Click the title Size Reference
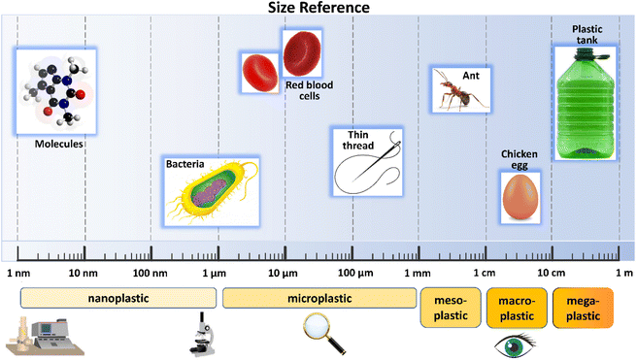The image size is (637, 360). (318, 10)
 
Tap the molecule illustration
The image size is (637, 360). (50, 92)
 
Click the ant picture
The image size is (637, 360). (458, 90)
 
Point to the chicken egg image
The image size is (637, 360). (520, 195)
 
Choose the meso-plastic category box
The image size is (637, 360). (450, 307)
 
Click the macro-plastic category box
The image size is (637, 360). (517, 307)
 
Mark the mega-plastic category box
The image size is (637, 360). (583, 307)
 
